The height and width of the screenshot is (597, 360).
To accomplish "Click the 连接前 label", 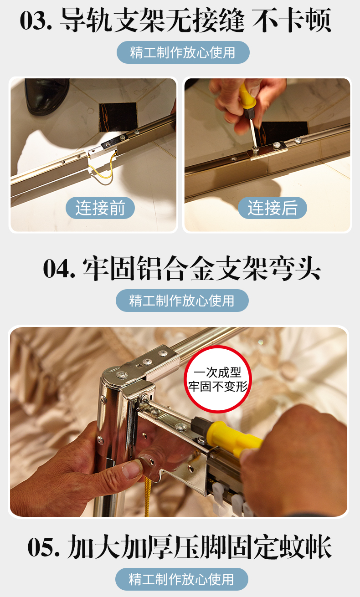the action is pos(100,208).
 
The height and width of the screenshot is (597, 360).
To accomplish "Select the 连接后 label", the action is pos(272,208).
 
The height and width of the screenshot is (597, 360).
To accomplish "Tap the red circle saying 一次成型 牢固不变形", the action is pos(218,379).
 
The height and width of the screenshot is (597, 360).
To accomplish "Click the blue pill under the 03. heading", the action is pos(183,52).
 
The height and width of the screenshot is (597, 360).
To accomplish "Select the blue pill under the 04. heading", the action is pos(182,301).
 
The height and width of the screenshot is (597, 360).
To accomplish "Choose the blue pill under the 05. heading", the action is pos(182,579).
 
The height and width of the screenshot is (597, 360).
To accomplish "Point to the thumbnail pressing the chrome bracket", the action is pos(132,469).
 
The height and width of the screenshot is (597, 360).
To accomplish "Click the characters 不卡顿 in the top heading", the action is pos(292,20).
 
